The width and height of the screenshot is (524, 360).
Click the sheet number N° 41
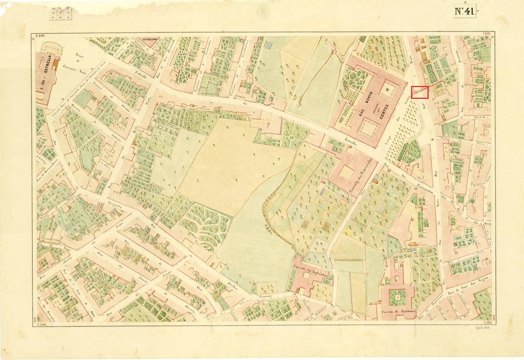(x=465, y=11)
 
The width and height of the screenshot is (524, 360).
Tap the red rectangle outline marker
(x=420, y=92)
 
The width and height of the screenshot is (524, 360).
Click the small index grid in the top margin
(x=60, y=14)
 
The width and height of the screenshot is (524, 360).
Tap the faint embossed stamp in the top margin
(x=263, y=12)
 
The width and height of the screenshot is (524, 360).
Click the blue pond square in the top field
(x=268, y=44)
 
